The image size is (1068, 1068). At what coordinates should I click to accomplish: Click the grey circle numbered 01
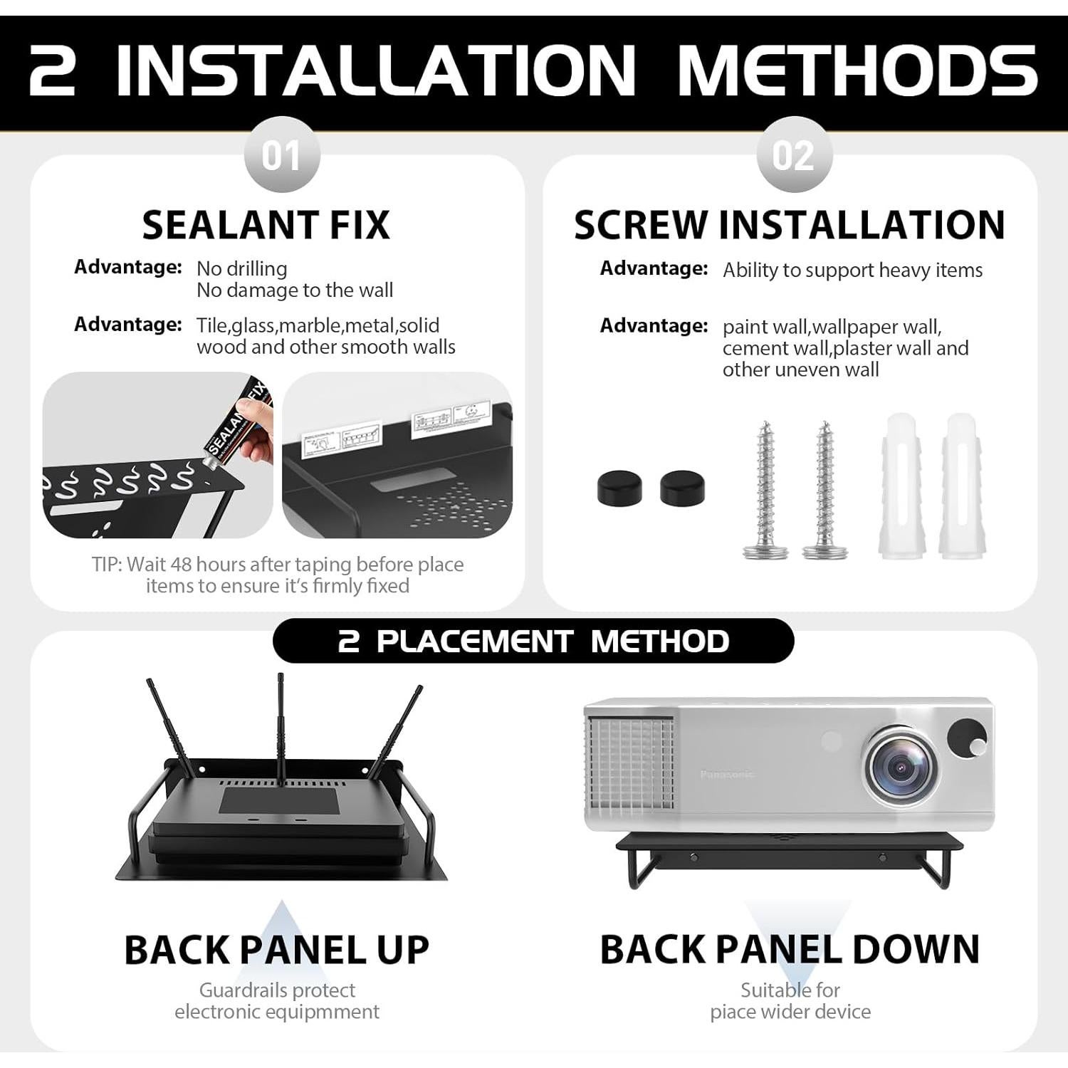pyautogui.click(x=281, y=155)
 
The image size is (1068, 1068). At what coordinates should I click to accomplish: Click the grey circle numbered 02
pyautogui.click(x=793, y=155)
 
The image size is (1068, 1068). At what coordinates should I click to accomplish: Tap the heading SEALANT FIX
pyautogui.click(x=266, y=225)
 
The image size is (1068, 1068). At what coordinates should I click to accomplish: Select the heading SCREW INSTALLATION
pyautogui.click(x=789, y=225)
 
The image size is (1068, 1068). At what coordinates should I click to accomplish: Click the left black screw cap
pyautogui.click(x=619, y=488)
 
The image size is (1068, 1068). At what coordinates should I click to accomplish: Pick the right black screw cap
pyautogui.click(x=682, y=488)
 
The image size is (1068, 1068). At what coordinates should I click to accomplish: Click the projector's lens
pyautogui.click(x=900, y=768)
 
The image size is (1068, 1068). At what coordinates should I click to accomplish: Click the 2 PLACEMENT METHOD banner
pyautogui.click(x=533, y=641)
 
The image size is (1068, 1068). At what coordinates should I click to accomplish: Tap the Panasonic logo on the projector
pyautogui.click(x=727, y=774)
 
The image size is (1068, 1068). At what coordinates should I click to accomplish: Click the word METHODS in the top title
pyautogui.click(x=857, y=70)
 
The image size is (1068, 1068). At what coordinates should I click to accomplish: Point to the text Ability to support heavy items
pyautogui.click(x=852, y=271)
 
